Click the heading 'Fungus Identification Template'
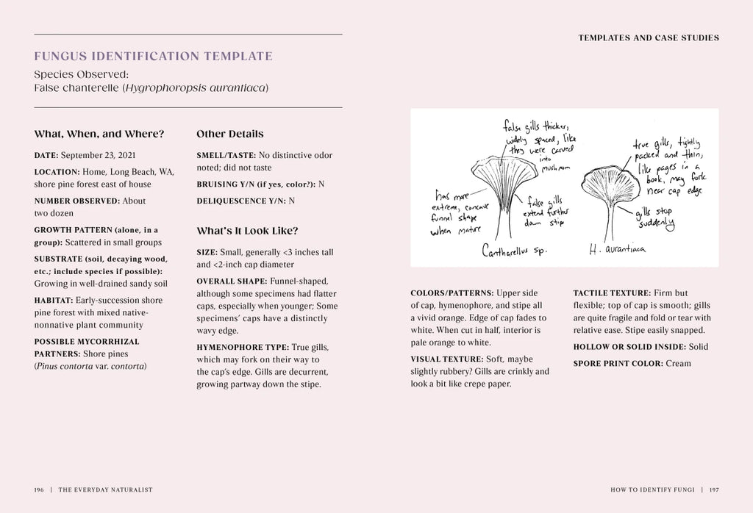point(153,57)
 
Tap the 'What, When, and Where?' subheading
point(99,134)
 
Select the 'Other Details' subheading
point(229,134)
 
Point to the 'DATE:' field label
point(46,156)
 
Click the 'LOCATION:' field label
point(57,172)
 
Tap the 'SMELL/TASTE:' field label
point(226,156)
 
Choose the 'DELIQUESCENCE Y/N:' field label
point(241,201)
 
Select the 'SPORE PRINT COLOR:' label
point(618,364)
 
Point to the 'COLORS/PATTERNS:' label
point(452,293)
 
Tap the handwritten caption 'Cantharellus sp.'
point(514,251)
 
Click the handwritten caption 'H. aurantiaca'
point(617,250)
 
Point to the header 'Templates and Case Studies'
point(649,38)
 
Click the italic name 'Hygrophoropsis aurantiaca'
point(195,88)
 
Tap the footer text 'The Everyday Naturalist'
point(105,489)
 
